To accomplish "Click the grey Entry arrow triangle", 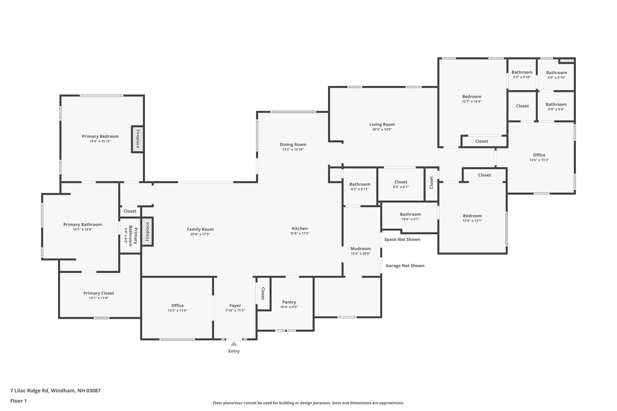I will [x=234, y=344].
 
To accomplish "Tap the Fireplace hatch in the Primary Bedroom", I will [x=137, y=139].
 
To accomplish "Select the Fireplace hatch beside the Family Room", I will [x=147, y=232].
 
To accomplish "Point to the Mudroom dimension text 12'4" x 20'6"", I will [x=361, y=253].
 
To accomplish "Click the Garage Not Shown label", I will [x=405, y=266].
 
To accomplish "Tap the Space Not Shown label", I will [x=402, y=239].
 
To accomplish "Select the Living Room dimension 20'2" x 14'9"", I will [x=382, y=129].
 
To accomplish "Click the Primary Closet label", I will [x=99, y=293].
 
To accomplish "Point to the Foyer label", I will [x=235, y=306].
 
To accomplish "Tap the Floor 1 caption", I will [x=18, y=401].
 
